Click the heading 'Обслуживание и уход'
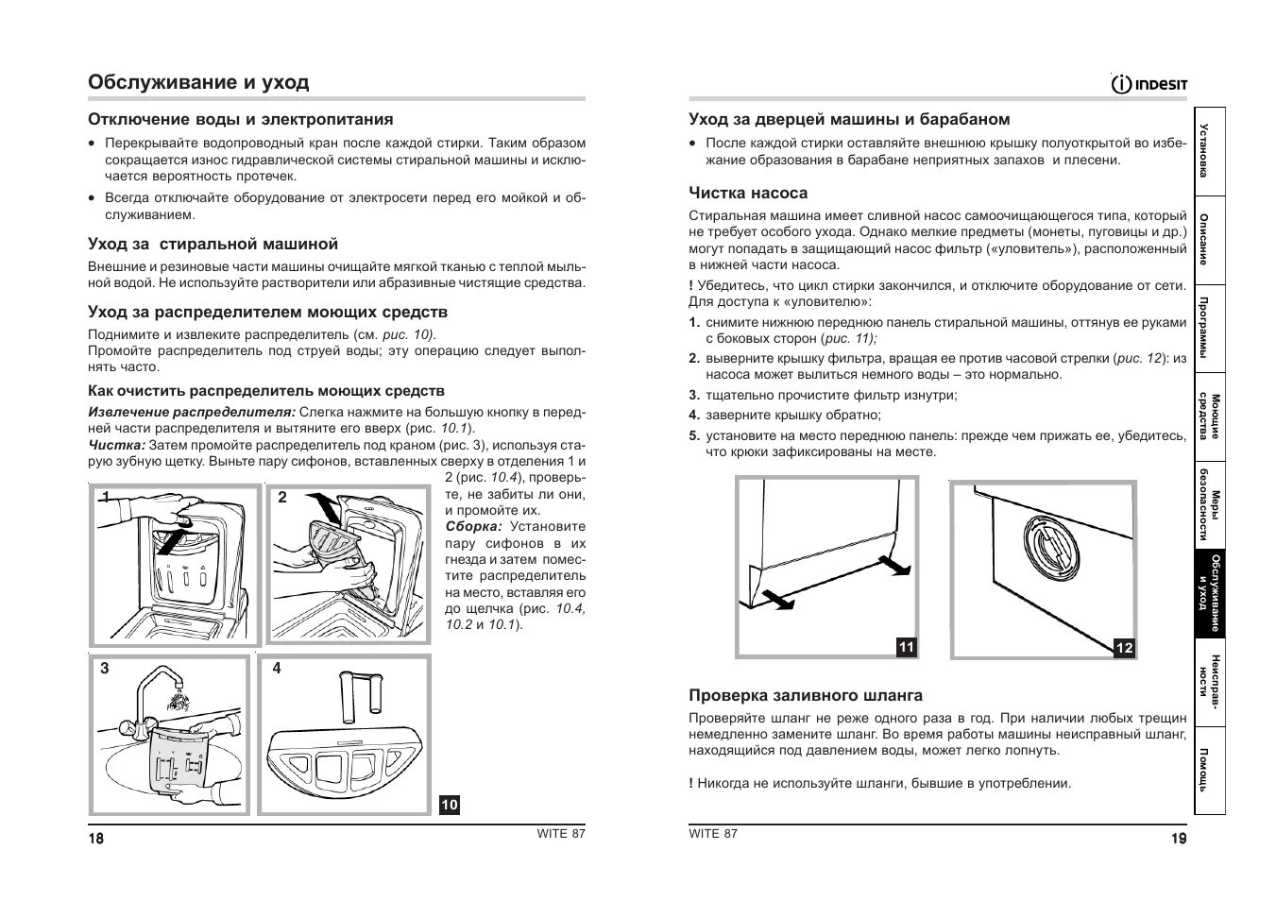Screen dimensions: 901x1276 pos(198,82)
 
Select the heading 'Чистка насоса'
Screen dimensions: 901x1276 pos(747,193)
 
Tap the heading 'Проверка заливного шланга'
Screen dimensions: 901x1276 pos(805,695)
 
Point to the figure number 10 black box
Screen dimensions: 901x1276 pos(449,805)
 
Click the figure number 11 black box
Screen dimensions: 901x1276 pos(906,647)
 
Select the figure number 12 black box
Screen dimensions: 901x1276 pos(1124,648)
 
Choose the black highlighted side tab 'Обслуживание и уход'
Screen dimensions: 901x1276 pos(1209,594)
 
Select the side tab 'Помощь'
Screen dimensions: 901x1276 pos(1209,769)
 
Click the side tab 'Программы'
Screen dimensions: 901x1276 pos(1209,327)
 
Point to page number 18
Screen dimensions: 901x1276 pos(96,839)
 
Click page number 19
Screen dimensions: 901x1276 pos(1178,839)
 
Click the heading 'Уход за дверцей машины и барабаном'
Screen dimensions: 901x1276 pos(849,119)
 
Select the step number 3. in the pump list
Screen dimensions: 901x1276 pos(693,396)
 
